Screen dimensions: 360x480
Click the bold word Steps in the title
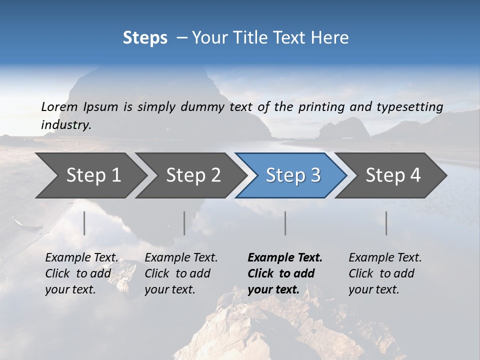pos(145,38)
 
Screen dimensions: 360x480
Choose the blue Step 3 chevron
pos(292,175)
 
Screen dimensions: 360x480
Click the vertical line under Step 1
pos(84,223)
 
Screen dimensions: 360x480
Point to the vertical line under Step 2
pos(184,223)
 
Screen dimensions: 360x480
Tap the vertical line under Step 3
pos(285,223)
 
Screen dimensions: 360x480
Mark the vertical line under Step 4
pos(386,223)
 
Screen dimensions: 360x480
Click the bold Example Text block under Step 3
pos(285,273)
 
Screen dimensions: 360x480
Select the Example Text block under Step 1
pos(81,273)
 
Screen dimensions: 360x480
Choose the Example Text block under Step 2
pos(181,273)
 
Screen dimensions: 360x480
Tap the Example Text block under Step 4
pos(385,273)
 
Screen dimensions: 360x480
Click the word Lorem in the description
pos(59,106)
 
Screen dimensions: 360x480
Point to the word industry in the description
pos(66,125)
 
